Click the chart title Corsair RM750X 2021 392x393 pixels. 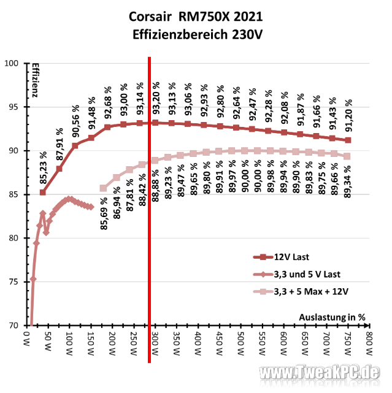tap(196, 17)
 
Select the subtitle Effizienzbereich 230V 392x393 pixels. tap(198, 34)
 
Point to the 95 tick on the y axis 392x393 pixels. tap(13, 107)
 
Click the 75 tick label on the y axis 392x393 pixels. tap(13, 281)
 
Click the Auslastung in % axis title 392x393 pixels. tap(332, 318)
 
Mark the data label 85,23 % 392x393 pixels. tap(44, 167)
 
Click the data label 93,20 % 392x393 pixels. tap(156, 98)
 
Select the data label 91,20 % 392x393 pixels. tap(348, 115)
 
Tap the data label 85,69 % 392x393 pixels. tap(104, 213)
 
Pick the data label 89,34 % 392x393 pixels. tap(347, 181)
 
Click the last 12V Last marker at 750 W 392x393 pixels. tap(348, 140)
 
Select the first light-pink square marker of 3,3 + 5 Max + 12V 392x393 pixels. tap(103, 188)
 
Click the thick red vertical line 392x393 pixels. tap(149, 210)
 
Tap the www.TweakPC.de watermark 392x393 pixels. tap(319, 372)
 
